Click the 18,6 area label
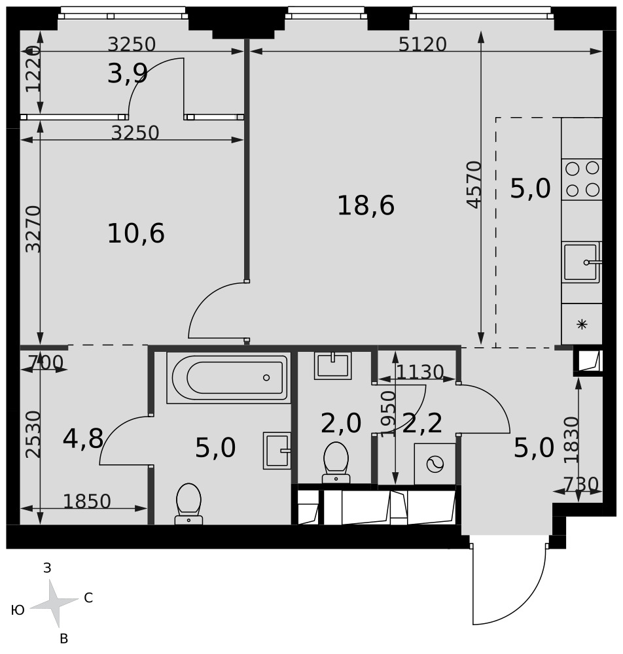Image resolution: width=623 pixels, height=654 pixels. click(366, 205)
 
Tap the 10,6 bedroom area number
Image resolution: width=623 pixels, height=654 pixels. click(136, 233)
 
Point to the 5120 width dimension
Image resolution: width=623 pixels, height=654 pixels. click(422, 44)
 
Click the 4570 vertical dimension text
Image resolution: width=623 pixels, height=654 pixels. click(474, 184)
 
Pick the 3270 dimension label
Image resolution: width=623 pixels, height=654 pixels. click(33, 229)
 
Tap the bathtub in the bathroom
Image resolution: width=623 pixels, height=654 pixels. click(228, 377)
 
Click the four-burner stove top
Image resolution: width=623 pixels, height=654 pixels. click(582, 179)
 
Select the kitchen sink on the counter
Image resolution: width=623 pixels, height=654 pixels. click(582, 262)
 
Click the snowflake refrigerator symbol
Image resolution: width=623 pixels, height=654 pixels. click(582, 324)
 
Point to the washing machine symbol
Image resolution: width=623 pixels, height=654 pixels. click(435, 464)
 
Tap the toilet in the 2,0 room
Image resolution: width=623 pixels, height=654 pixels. click(336, 462)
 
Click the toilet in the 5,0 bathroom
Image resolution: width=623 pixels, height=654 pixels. click(188, 504)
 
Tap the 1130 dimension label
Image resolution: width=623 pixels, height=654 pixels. click(419, 372)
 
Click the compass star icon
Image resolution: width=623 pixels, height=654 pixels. click(54, 603)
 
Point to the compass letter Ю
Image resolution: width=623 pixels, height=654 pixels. click(18, 611)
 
